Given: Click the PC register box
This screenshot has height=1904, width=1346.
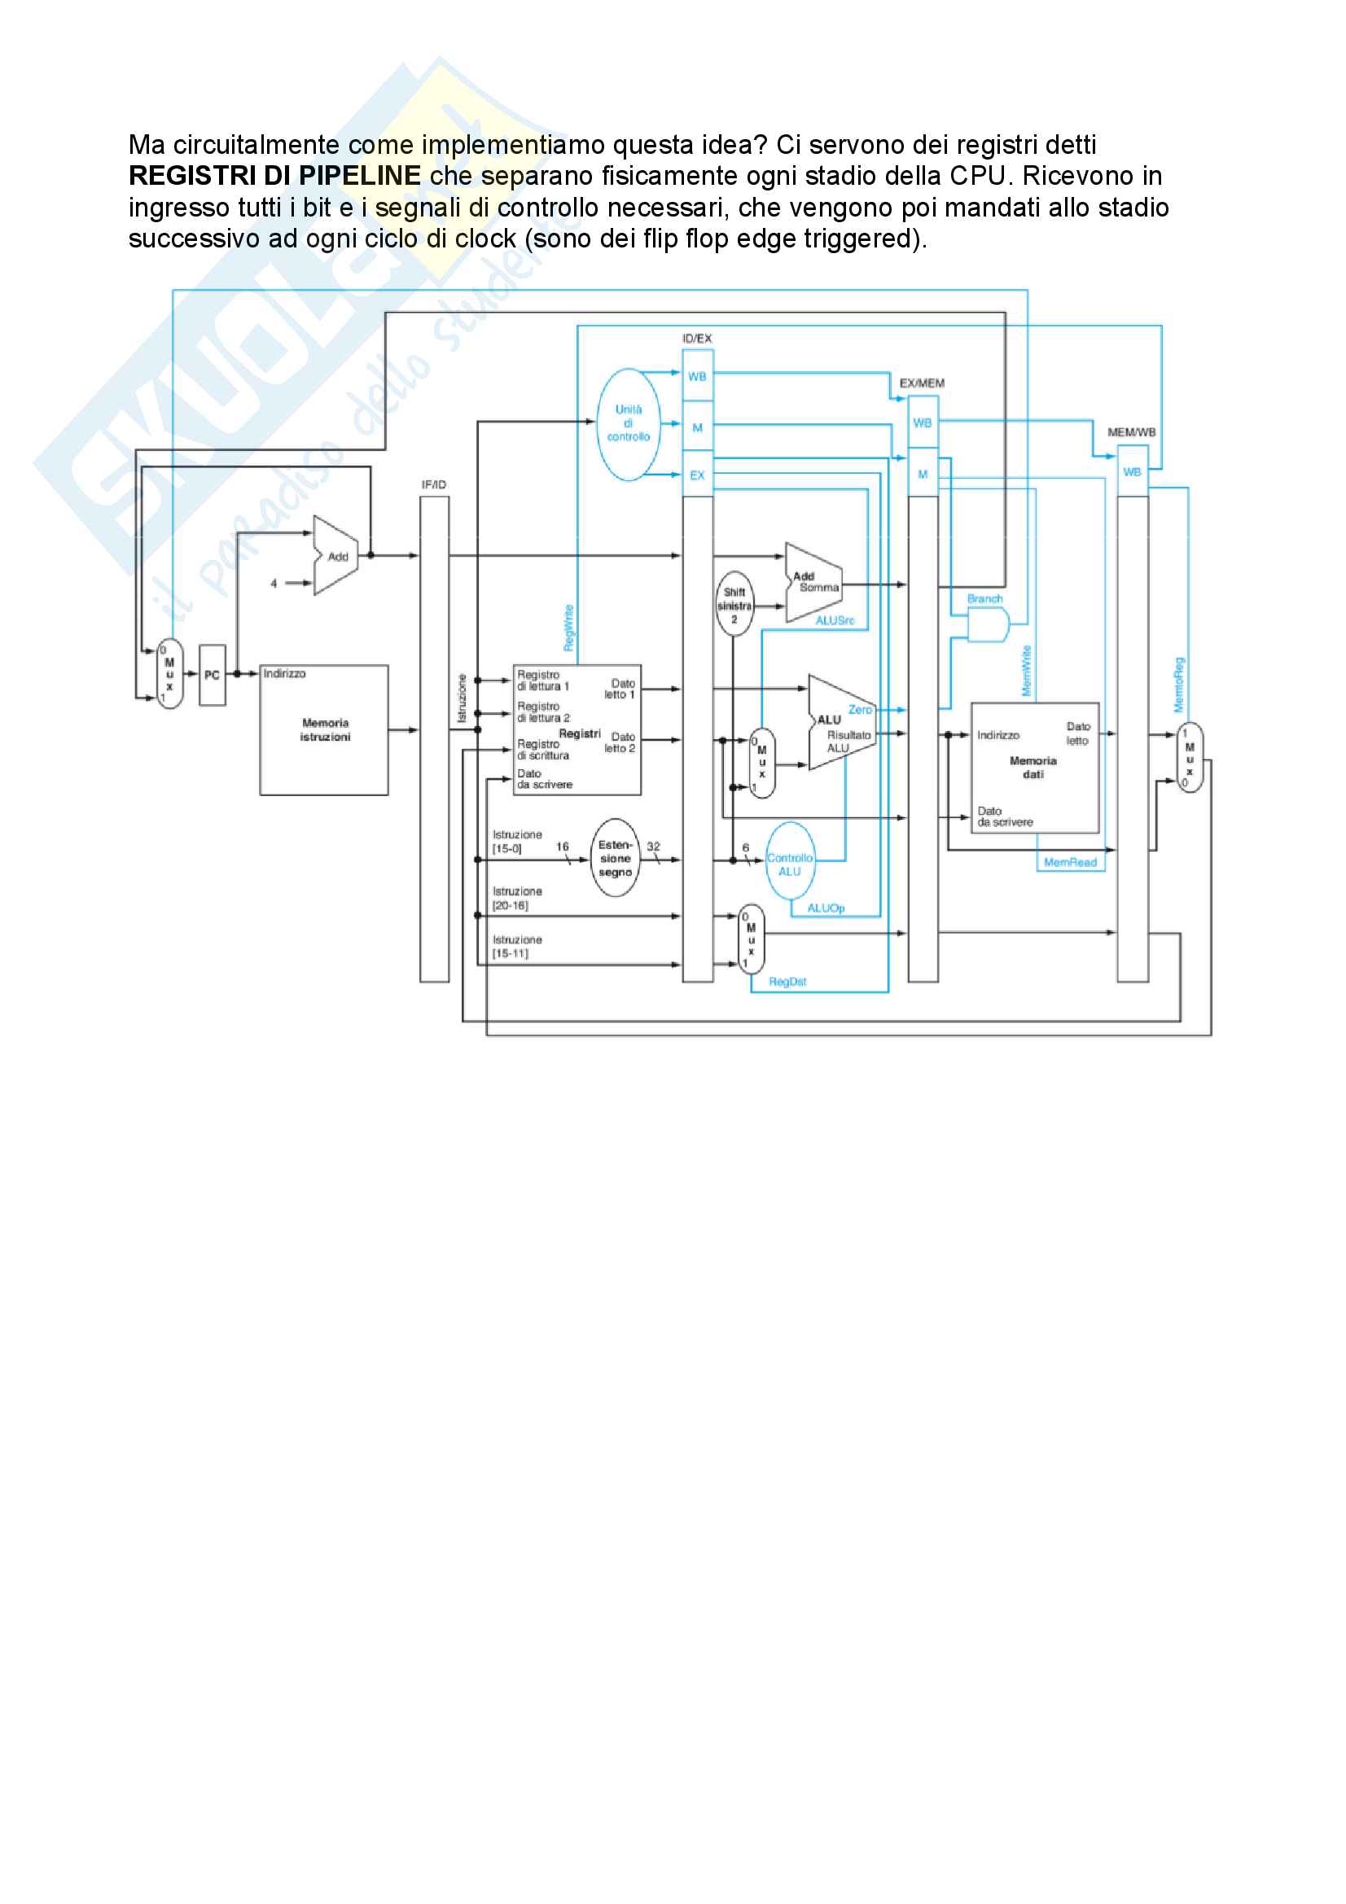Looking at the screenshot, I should [213, 675].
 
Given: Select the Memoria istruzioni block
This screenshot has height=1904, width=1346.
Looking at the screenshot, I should [324, 729].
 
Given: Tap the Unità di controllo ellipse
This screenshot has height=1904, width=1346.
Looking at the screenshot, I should [629, 424].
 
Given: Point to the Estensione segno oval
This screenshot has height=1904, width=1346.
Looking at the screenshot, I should [615, 858].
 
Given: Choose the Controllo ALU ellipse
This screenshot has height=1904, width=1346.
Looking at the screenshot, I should [790, 863].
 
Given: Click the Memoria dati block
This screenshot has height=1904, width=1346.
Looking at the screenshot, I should [1034, 767].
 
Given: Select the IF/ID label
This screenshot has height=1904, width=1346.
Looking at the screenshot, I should [434, 484].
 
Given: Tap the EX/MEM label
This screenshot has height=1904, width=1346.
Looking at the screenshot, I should [923, 383].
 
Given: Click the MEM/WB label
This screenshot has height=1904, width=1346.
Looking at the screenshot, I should [1131, 432].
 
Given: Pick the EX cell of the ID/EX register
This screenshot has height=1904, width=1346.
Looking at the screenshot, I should [698, 475].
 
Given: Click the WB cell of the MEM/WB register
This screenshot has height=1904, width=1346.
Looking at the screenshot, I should [1132, 472].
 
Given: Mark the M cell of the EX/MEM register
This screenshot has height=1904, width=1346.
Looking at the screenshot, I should [923, 475].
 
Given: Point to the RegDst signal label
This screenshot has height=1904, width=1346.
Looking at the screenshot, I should [787, 982].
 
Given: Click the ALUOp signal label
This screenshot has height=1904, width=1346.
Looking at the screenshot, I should [825, 908].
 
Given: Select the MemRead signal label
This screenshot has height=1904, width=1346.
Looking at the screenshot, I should [1070, 862].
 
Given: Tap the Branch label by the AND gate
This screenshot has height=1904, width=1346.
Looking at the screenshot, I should [984, 599].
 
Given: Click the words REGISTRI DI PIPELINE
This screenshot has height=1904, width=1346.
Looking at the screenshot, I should [274, 176].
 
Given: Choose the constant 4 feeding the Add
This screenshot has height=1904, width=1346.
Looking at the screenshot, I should [274, 584].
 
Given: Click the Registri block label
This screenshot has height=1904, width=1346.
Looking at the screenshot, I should [579, 734].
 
